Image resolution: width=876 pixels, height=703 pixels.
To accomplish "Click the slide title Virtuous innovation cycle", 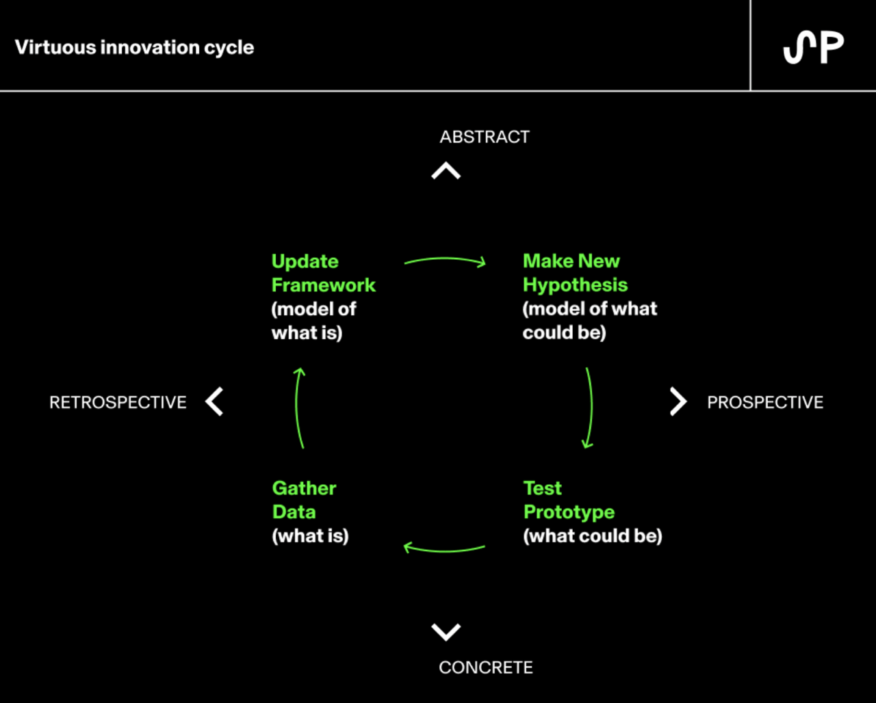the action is (134, 48).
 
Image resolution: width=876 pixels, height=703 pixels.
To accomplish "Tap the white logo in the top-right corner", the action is (813, 48).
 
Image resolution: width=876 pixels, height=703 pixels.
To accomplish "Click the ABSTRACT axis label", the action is (485, 137).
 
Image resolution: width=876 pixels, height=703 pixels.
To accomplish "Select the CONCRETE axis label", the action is (486, 667).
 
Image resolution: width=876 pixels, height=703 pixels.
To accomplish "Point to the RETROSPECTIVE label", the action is (118, 402).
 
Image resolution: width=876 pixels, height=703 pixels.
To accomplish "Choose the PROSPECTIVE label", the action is (765, 402).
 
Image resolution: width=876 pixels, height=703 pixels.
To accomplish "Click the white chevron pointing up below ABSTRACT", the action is (446, 170).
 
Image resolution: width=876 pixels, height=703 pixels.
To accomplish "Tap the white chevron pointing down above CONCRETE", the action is (446, 632).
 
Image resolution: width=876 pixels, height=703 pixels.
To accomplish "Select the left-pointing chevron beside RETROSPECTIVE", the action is (214, 401).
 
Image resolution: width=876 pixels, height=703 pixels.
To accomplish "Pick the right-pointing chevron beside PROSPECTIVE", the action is (678, 401).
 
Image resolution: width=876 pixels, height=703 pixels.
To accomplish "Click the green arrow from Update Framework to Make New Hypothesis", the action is (446, 258).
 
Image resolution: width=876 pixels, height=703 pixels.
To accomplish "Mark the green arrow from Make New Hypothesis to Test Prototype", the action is (591, 407).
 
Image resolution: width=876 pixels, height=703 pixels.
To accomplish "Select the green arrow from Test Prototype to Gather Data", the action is (445, 551).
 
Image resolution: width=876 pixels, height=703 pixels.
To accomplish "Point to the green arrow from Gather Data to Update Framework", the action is (296, 407).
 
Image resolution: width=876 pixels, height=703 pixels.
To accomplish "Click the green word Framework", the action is (324, 285).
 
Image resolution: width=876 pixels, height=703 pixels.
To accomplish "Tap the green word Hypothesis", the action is (575, 285).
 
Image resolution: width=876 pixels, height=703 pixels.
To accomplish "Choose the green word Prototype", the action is (569, 512).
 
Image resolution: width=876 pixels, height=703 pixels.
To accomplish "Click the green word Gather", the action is (304, 488).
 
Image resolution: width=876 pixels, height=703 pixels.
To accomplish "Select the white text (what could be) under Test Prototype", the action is (593, 536).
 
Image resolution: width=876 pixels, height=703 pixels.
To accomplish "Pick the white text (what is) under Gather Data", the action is (310, 536).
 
